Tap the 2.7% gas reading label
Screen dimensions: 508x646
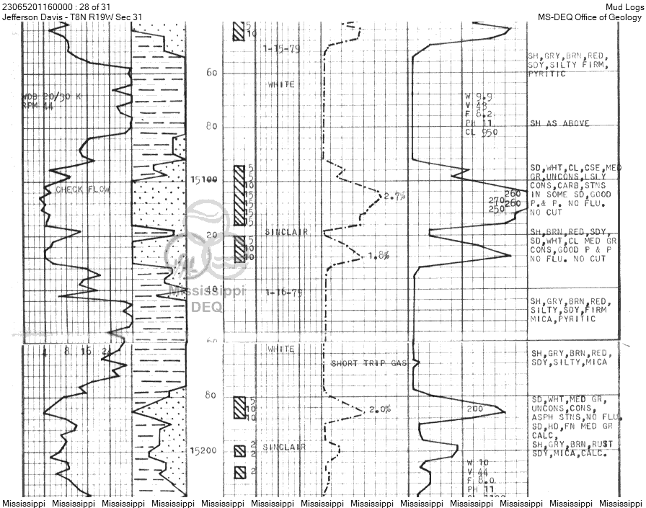click(x=394, y=195)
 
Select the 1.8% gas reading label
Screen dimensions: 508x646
click(x=379, y=255)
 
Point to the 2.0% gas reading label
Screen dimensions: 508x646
click(x=379, y=409)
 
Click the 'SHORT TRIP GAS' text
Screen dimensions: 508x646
click(x=368, y=363)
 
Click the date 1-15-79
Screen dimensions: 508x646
click(x=282, y=49)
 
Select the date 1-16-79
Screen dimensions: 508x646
click(x=283, y=293)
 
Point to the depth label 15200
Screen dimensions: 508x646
click(x=203, y=450)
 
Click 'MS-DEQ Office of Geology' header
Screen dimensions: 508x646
click(x=589, y=17)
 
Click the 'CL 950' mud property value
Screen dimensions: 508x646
click(x=482, y=132)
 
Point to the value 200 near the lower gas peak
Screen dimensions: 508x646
click(x=475, y=409)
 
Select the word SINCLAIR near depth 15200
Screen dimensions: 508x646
click(x=284, y=447)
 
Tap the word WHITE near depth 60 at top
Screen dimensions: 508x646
click(x=281, y=84)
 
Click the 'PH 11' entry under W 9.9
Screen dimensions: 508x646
click(x=479, y=123)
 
